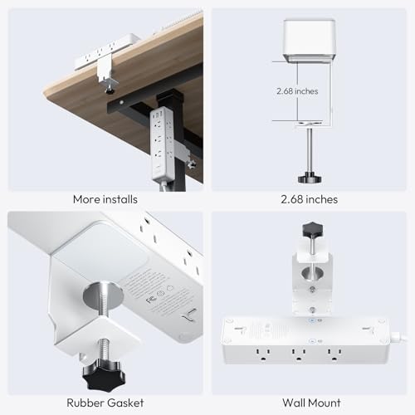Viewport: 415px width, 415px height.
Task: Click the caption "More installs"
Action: (105, 199)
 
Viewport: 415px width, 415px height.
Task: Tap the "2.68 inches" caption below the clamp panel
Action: (309, 199)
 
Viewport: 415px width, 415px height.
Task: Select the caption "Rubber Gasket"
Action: (105, 403)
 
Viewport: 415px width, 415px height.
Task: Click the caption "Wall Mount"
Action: (311, 403)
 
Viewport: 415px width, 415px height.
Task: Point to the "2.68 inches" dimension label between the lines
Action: (297, 91)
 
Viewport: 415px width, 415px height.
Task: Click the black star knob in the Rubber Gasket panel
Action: (104, 374)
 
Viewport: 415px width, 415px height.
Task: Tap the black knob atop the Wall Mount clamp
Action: (313, 229)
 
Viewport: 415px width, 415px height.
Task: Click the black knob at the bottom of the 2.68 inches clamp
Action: (310, 178)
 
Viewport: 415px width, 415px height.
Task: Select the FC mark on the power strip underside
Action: (150, 300)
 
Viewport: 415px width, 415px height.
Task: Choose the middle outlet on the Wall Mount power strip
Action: (298, 355)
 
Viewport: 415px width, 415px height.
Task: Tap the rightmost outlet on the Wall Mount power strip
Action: (334, 355)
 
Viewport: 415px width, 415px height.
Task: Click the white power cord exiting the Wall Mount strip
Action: (399, 336)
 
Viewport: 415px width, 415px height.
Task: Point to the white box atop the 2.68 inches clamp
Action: (310, 40)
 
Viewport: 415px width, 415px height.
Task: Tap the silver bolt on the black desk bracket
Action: (121, 102)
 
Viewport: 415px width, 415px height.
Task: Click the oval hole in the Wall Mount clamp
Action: (311, 273)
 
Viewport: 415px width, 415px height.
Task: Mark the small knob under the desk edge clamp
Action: (110, 90)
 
